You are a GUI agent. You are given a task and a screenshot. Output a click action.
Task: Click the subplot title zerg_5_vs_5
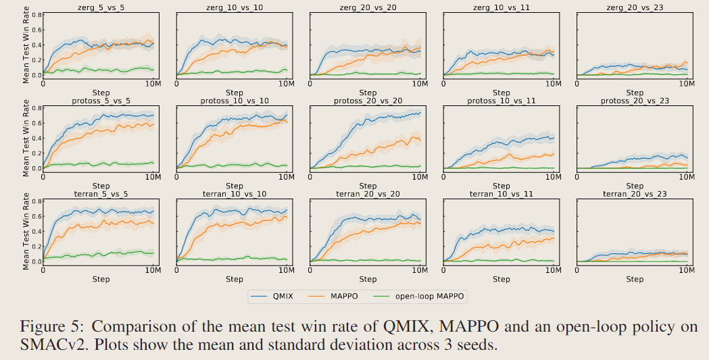pos(101,6)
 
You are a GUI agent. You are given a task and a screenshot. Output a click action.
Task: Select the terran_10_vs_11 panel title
pos(501,194)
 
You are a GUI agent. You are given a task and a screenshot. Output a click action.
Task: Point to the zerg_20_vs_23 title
pos(635,6)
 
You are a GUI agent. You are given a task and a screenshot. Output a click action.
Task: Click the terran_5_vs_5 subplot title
pos(101,194)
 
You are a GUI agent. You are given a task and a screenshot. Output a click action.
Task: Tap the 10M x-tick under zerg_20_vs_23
pos(687,84)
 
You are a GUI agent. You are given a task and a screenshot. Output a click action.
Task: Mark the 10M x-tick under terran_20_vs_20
pos(420,270)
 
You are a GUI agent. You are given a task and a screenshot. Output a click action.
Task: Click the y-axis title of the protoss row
pos(26,139)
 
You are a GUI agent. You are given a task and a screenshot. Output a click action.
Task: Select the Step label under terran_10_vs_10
pos(235,279)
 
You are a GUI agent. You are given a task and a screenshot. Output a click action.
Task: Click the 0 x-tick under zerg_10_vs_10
pos(177,84)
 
